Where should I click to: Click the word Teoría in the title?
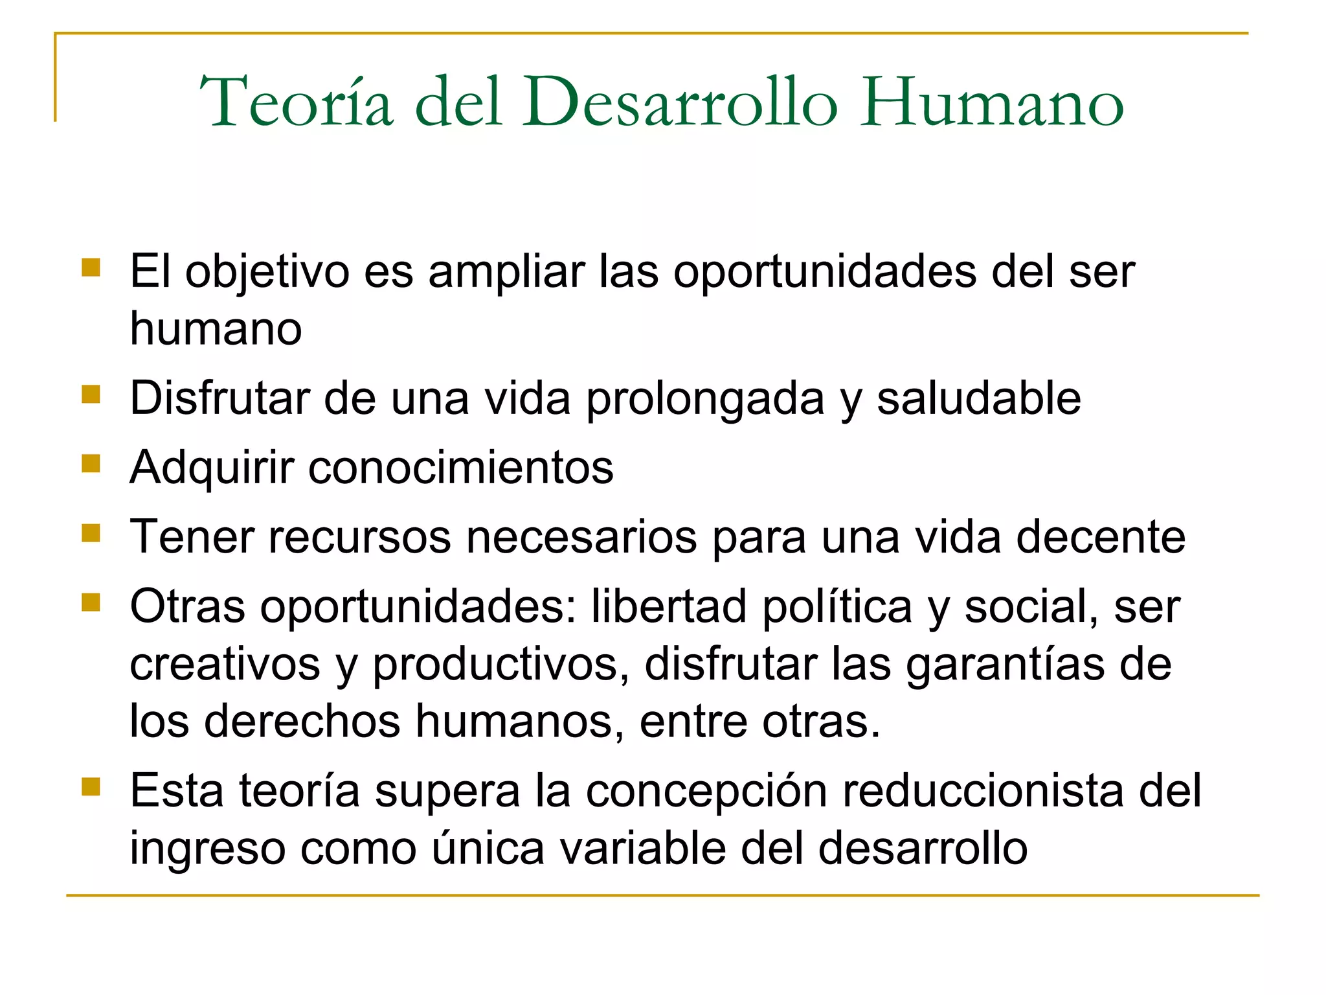click(x=297, y=102)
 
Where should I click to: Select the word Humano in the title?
click(x=991, y=102)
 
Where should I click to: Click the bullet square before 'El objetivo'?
click(x=91, y=268)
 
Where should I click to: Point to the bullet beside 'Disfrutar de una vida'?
click(x=91, y=394)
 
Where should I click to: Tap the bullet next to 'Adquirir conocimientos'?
click(x=91, y=463)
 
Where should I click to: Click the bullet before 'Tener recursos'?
click(x=91, y=533)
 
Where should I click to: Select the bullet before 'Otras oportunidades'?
click(x=91, y=603)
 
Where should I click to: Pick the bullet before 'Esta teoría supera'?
click(x=91, y=787)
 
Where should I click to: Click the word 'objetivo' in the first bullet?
click(x=267, y=272)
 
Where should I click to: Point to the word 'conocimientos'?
click(x=460, y=467)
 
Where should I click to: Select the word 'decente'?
click(x=1100, y=537)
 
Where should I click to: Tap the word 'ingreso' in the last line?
click(x=207, y=849)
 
